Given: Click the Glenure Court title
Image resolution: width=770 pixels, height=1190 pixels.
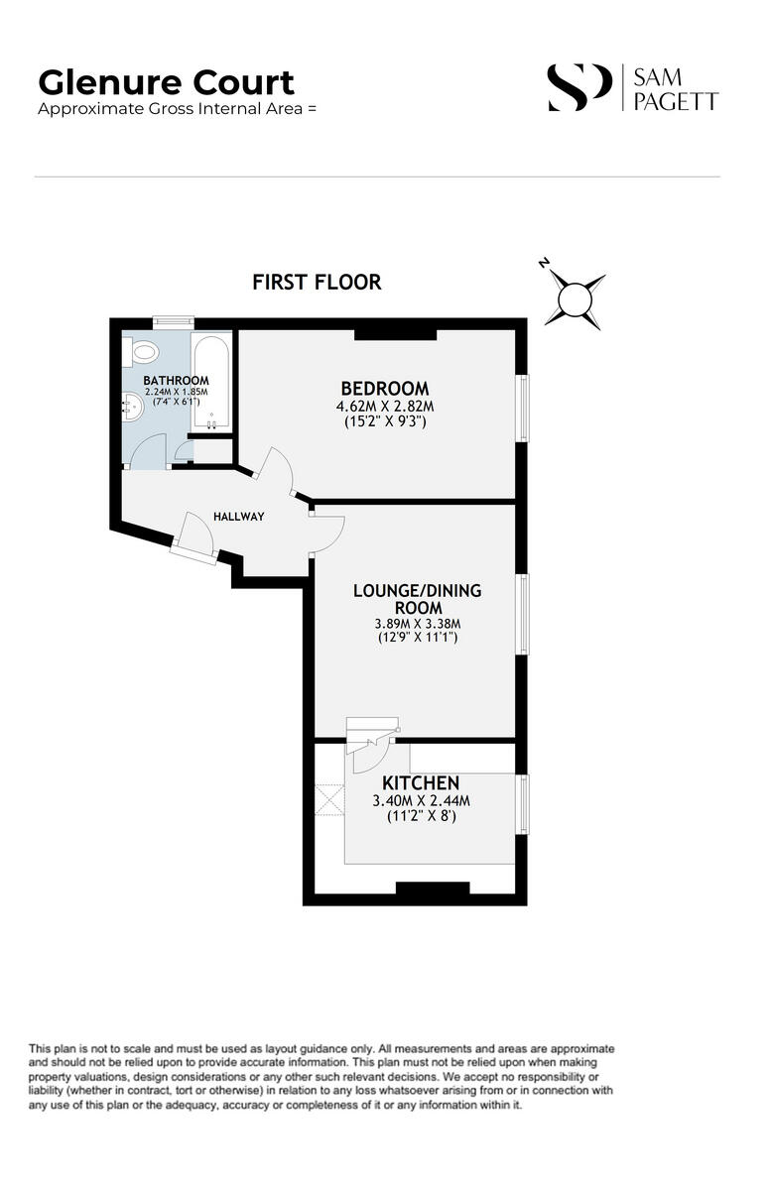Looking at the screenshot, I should click(166, 81).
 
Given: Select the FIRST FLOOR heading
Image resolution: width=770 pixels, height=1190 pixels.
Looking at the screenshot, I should click(317, 282).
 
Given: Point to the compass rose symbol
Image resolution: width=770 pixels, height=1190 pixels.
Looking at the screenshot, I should click(575, 297).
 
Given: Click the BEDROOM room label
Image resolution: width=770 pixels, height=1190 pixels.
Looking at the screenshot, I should click(385, 388).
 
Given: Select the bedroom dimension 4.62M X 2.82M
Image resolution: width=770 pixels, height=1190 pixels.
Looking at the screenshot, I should click(385, 407).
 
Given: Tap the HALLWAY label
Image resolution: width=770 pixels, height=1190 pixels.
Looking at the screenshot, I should click(239, 517).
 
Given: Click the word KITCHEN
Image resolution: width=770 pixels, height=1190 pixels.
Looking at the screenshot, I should click(416, 783).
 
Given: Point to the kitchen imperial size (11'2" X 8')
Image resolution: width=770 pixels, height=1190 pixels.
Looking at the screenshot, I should click(416, 818).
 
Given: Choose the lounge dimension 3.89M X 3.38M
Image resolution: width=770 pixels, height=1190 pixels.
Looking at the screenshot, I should click(417, 624).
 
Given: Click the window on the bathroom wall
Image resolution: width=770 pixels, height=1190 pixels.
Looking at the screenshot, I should click(173, 320).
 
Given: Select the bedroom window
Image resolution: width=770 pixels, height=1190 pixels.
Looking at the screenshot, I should click(523, 408).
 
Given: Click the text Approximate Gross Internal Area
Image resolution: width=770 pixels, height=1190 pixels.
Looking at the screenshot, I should click(177, 109).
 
